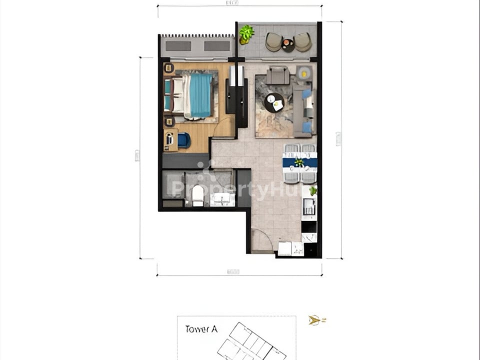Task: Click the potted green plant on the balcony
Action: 246,34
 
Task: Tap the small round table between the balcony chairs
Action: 288,45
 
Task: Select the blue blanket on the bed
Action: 200,95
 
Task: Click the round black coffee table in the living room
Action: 273,103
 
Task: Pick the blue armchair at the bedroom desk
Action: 183,140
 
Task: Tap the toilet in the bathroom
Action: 198,195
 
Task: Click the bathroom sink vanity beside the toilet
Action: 221,198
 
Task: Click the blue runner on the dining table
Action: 300,162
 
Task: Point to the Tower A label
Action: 201,329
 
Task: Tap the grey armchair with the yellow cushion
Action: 304,73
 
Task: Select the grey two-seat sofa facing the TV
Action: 277,75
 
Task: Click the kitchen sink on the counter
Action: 309,205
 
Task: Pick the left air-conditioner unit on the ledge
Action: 178,46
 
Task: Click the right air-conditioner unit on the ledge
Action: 217,46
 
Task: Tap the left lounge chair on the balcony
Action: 273,42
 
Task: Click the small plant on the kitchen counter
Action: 313,190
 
